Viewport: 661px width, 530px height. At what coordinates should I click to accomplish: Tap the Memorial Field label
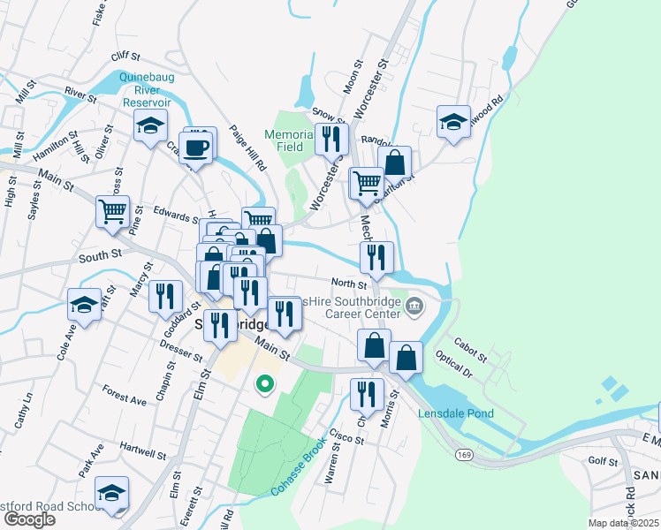pyautogui.click(x=289, y=140)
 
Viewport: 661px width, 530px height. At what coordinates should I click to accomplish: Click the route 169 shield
pyautogui.click(x=463, y=454)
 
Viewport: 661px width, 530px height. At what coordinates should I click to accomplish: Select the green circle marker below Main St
pyautogui.click(x=263, y=384)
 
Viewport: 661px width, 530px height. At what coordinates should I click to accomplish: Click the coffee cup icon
pyautogui.click(x=196, y=146)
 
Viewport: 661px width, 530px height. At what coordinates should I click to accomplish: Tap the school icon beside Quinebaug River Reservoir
pyautogui.click(x=151, y=125)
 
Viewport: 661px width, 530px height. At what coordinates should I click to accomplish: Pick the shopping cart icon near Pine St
pyautogui.click(x=113, y=212)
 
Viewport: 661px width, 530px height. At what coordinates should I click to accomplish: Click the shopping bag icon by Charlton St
pyautogui.click(x=395, y=163)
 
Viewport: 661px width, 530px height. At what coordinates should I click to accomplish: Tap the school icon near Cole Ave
pyautogui.click(x=84, y=306)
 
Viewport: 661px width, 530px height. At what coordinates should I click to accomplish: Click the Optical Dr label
pyautogui.click(x=453, y=366)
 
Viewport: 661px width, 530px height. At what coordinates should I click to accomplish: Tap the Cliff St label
pyautogui.click(x=125, y=56)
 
